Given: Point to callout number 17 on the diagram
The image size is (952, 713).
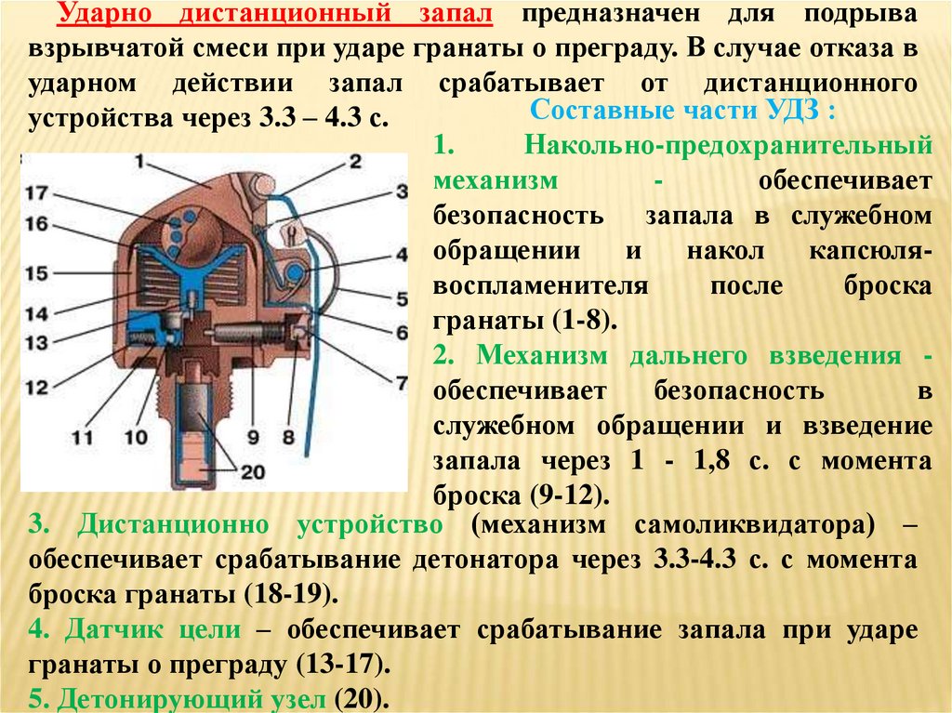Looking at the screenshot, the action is [x=37, y=193].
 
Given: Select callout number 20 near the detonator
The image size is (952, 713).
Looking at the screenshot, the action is [x=252, y=471].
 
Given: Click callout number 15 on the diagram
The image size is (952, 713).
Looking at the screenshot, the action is [x=36, y=272].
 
